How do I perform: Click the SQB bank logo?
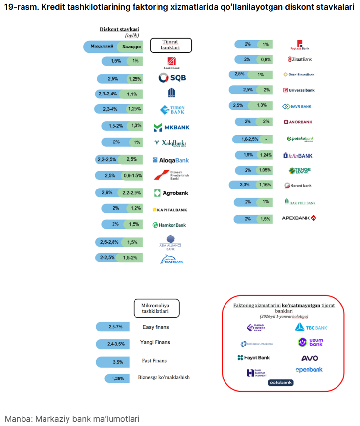pyautogui.click(x=172, y=78)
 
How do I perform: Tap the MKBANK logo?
pyautogui.click(x=171, y=127)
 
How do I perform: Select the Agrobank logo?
pyautogui.click(x=171, y=193)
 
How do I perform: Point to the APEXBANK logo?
pyautogui.click(x=299, y=218)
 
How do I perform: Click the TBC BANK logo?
pyautogui.click(x=311, y=327)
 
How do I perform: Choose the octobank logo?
pyautogui.click(x=280, y=382)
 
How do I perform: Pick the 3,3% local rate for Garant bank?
pyautogui.click(x=245, y=185)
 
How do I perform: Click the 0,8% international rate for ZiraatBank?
pyautogui.click(x=266, y=59)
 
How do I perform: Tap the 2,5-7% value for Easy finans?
pyautogui.click(x=115, y=327)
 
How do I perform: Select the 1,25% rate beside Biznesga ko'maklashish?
pyautogui.click(x=118, y=379)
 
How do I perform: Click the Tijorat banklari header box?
pyautogui.click(x=170, y=46)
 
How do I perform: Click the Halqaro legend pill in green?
pyautogui.click(x=131, y=47)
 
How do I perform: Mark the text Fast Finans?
pyautogui.click(x=155, y=361)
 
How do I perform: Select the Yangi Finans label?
pyautogui.click(x=155, y=343)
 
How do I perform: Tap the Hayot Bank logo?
pyautogui.click(x=253, y=358)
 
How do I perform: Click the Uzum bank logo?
pyautogui.click(x=310, y=343)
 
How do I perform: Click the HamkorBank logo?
pyautogui.click(x=169, y=225)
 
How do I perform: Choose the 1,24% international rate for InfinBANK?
pyautogui.click(x=266, y=155)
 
